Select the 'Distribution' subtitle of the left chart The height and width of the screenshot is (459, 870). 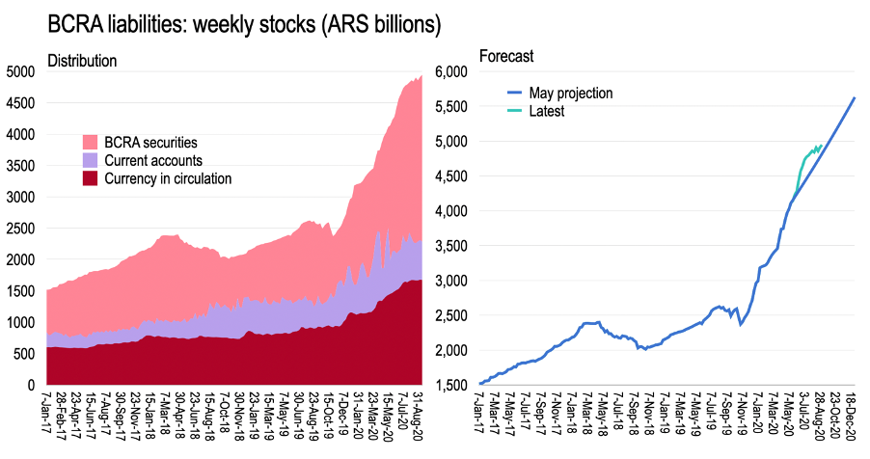tap(82, 61)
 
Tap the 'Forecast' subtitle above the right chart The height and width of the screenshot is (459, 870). tap(506, 56)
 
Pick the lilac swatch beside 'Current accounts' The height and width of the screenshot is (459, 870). tap(90, 160)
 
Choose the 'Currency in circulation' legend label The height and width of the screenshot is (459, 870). tap(168, 178)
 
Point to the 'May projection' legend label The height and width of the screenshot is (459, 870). tap(571, 93)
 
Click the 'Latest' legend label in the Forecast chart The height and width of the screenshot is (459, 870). tap(547, 111)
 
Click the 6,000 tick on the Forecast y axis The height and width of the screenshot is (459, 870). tap(452, 72)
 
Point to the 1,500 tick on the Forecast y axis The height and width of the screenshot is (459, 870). tap(452, 385)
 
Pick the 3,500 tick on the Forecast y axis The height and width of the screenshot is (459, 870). tap(452, 246)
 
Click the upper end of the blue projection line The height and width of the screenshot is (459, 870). tap(855, 97)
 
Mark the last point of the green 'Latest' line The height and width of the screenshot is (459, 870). tap(821, 146)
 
